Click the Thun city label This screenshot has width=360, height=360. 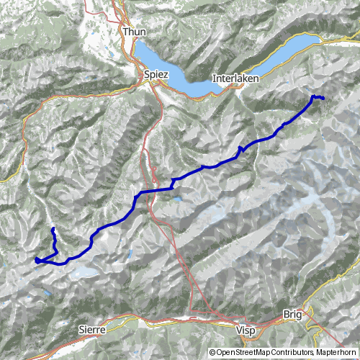pos(134,32)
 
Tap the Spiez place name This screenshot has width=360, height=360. pos(154,74)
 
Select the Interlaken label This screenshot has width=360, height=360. pos(231,77)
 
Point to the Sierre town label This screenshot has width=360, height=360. pos(89,328)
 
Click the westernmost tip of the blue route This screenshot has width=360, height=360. pos(35,259)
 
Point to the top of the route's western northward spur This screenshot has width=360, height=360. pos(53,229)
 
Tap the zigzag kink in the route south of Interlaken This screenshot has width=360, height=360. pos(240,148)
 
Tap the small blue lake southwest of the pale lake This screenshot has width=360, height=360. pos(46,293)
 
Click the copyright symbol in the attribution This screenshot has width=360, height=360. pos(212,353)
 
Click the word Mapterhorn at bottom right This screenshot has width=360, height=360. pos(336,353)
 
